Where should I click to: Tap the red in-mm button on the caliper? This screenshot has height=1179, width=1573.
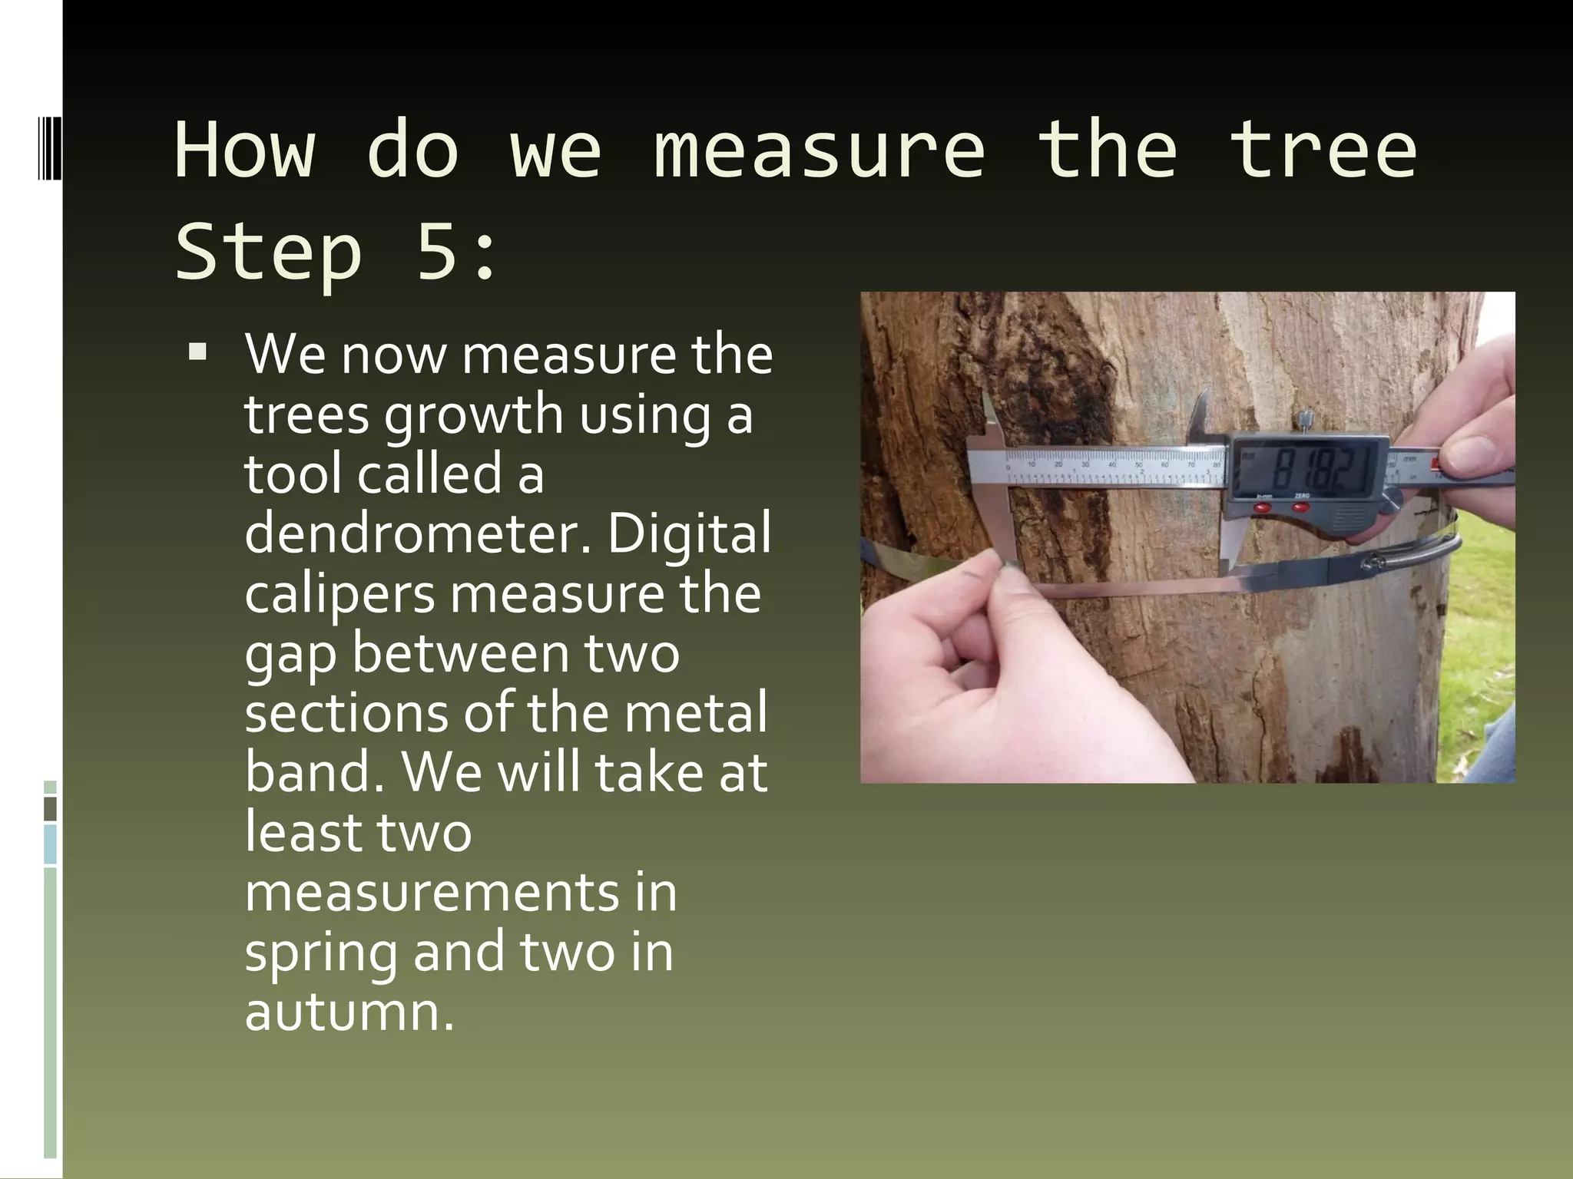[1263, 506]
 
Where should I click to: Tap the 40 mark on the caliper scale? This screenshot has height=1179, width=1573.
[1111, 464]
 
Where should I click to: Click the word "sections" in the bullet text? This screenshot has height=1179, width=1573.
[346, 712]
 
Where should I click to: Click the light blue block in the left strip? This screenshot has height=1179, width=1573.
[51, 844]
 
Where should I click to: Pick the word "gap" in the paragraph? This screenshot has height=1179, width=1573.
[290, 654]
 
